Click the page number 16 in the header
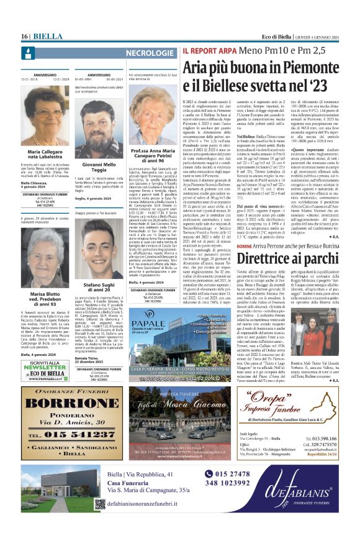point(25,36)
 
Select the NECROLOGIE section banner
point(150,53)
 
